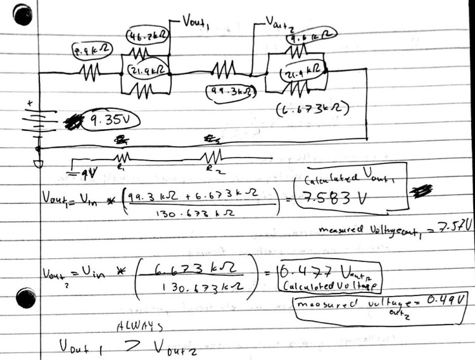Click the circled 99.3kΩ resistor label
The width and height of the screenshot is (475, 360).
pos(231,92)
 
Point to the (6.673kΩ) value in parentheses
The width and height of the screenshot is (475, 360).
pos(313,110)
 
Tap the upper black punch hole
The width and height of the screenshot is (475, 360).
pos(23,13)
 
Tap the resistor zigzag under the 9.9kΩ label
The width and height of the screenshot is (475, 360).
pos(89,74)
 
